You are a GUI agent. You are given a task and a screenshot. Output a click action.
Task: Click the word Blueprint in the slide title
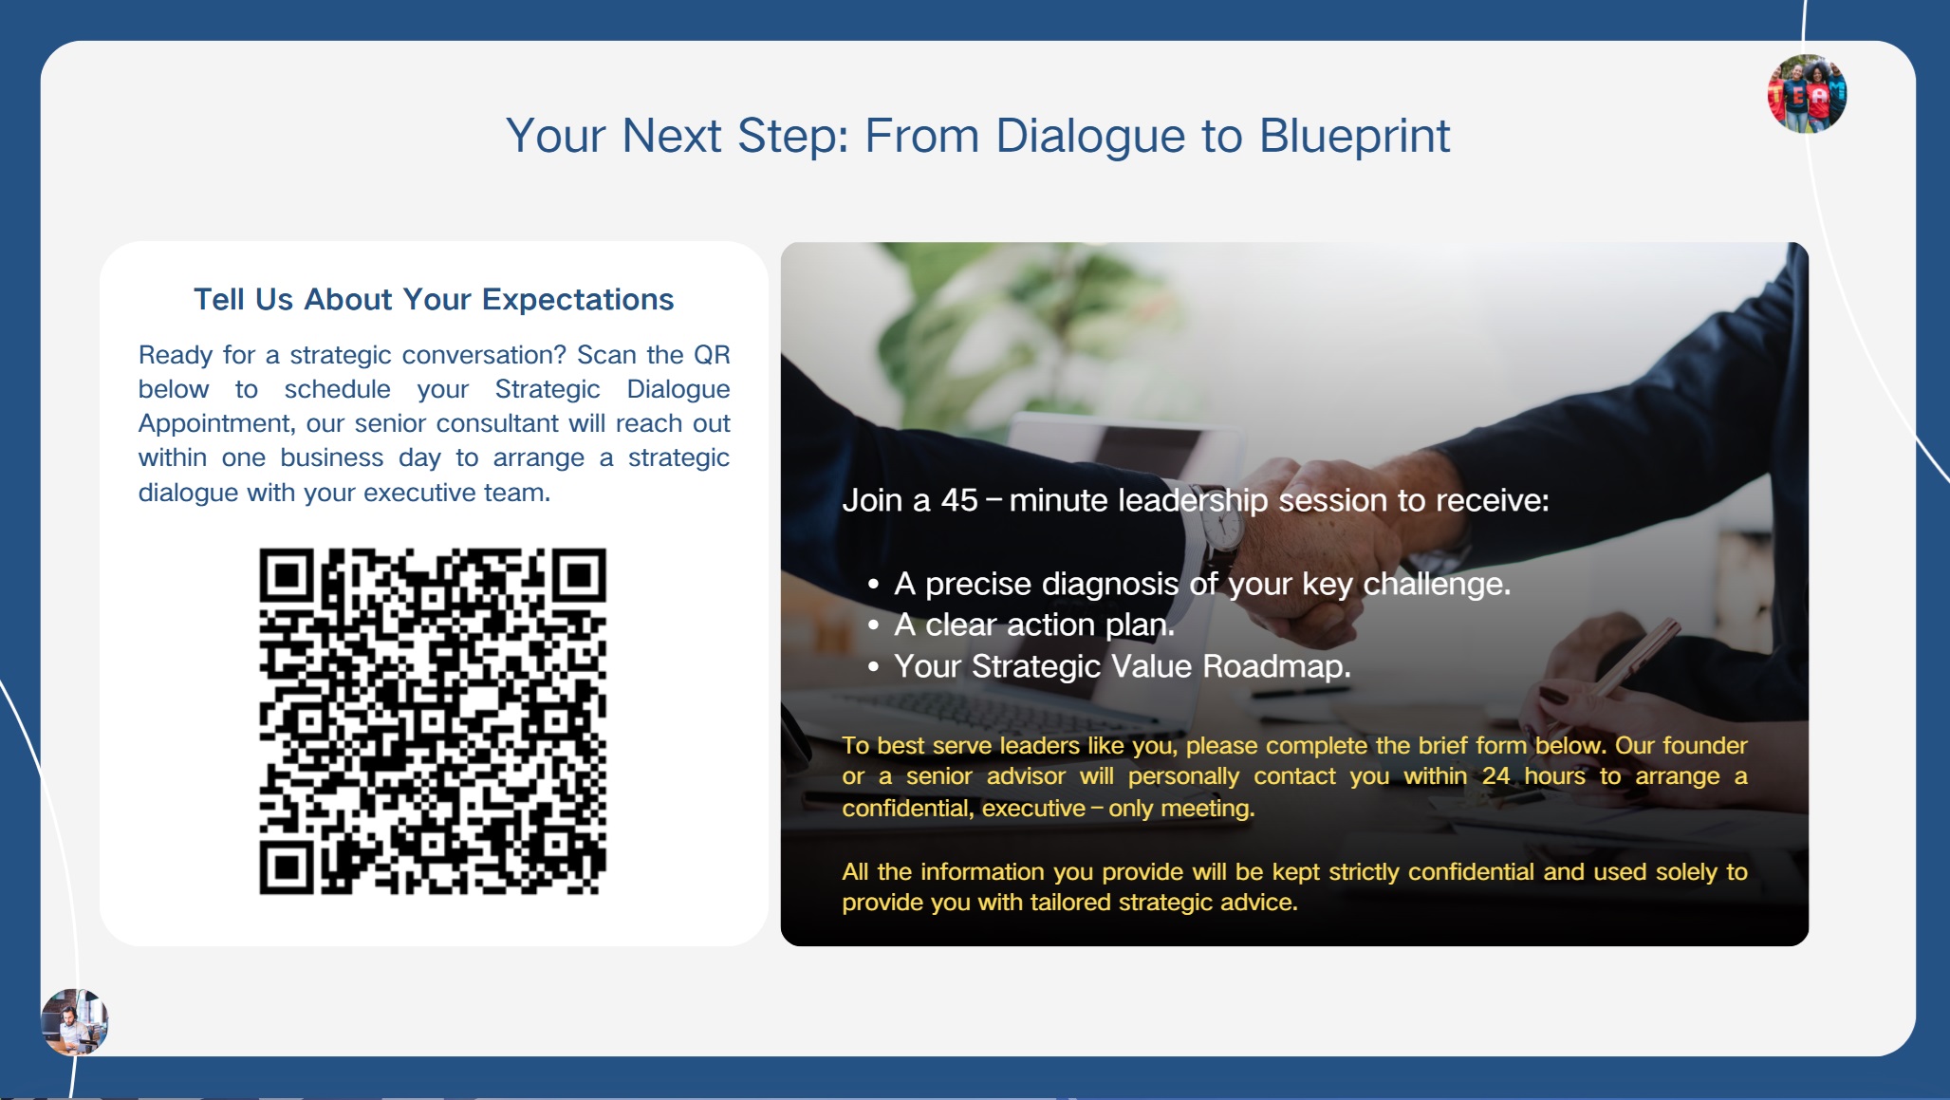(1354, 137)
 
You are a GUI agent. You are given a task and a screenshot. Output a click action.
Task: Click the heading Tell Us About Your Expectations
(434, 300)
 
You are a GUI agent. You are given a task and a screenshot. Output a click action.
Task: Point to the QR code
(433, 721)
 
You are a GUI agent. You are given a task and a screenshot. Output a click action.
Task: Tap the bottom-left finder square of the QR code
(287, 867)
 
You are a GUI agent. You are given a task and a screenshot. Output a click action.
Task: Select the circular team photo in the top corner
(1807, 94)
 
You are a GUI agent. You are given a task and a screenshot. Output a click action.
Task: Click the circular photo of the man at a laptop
(75, 1022)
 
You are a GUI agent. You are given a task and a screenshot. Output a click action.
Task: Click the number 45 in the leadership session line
(959, 500)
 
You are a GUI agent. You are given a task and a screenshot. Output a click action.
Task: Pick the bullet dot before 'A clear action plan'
(873, 625)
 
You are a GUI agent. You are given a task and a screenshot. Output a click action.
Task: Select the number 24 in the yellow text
(1496, 776)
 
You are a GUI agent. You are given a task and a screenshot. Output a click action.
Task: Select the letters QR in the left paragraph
(712, 355)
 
